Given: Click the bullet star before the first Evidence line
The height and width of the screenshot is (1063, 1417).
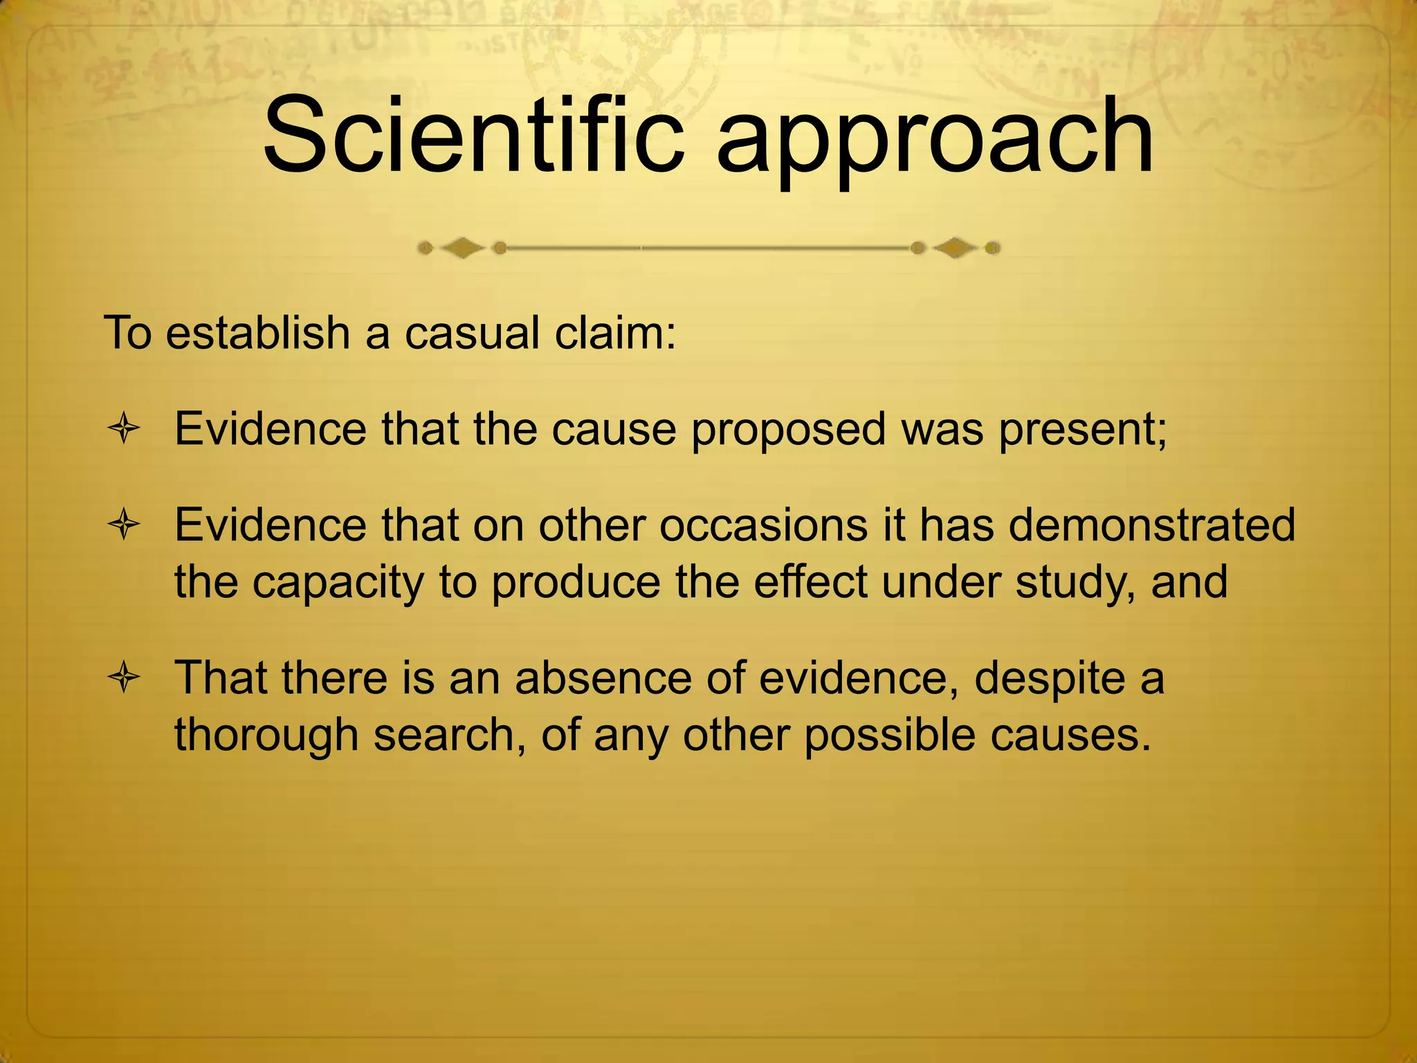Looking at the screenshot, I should [124, 430].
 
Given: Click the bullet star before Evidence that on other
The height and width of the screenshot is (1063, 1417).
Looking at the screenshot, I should [124, 526].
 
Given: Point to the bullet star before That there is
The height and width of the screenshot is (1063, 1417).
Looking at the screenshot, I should [124, 678].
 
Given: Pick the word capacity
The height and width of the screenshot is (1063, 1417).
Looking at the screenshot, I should [337, 583].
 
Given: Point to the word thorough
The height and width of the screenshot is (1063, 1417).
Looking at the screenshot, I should [266, 735].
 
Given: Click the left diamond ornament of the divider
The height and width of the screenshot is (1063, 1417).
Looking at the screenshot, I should [462, 248].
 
